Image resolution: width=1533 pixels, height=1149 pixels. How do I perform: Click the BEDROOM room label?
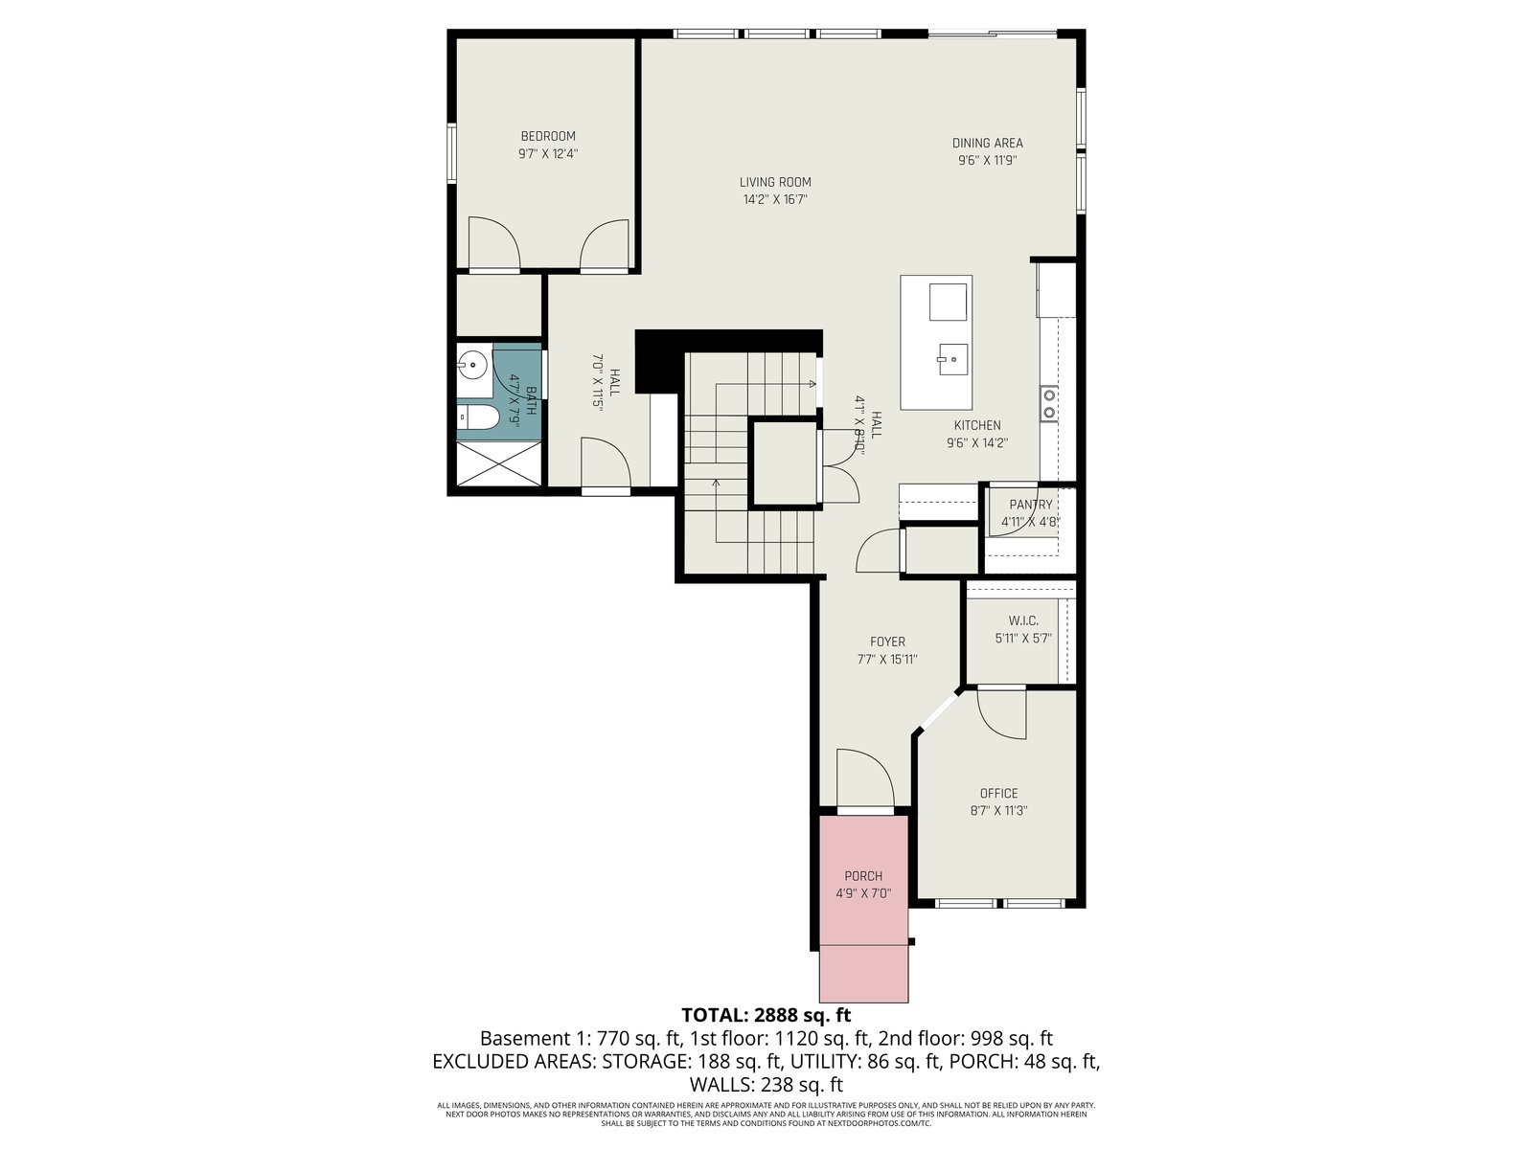click(548, 136)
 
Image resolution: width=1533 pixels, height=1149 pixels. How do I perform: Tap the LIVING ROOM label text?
click(775, 182)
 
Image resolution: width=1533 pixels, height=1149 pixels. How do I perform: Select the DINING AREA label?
click(988, 143)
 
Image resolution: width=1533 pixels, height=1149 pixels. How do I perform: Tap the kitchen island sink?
click(952, 359)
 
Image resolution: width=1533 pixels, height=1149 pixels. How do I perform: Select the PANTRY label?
click(1031, 505)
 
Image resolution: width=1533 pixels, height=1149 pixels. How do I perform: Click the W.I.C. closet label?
click(1023, 620)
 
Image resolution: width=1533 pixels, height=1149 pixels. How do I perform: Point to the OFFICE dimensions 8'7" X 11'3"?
click(998, 811)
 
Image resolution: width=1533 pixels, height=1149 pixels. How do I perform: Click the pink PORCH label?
click(863, 876)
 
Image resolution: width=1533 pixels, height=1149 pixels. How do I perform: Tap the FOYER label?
click(887, 642)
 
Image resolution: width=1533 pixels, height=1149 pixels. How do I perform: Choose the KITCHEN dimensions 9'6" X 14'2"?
click(978, 443)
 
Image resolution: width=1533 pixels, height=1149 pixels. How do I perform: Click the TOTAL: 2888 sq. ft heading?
click(766, 1014)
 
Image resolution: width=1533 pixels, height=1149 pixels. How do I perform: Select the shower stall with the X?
click(498, 464)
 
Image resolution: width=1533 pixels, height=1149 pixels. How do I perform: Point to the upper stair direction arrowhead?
click(812, 384)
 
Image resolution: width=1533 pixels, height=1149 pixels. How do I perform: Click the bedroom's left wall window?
click(452, 153)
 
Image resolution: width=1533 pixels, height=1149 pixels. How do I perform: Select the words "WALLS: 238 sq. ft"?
click(766, 1085)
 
